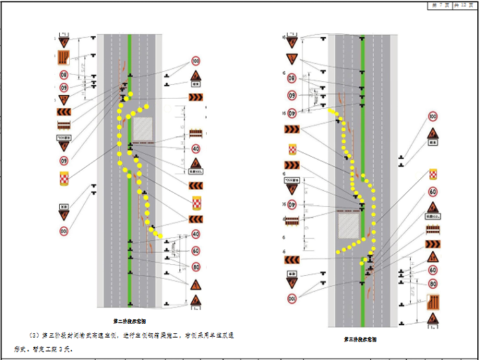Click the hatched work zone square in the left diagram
[x=143, y=129]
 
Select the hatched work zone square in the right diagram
[x=350, y=225]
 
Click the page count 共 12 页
[x=464, y=4]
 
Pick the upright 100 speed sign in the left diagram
[x=195, y=61]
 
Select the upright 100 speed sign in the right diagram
[x=433, y=117]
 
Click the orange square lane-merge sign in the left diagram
[x=64, y=58]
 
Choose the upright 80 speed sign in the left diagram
[x=196, y=267]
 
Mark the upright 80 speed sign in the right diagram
[x=433, y=284]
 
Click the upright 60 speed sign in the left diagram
[x=196, y=250]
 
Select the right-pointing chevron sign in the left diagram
[x=195, y=97]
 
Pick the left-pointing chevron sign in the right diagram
[x=291, y=260]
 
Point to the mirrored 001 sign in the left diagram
[x=64, y=232]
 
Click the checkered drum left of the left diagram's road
[x=64, y=179]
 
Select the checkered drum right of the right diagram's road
[x=433, y=174]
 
